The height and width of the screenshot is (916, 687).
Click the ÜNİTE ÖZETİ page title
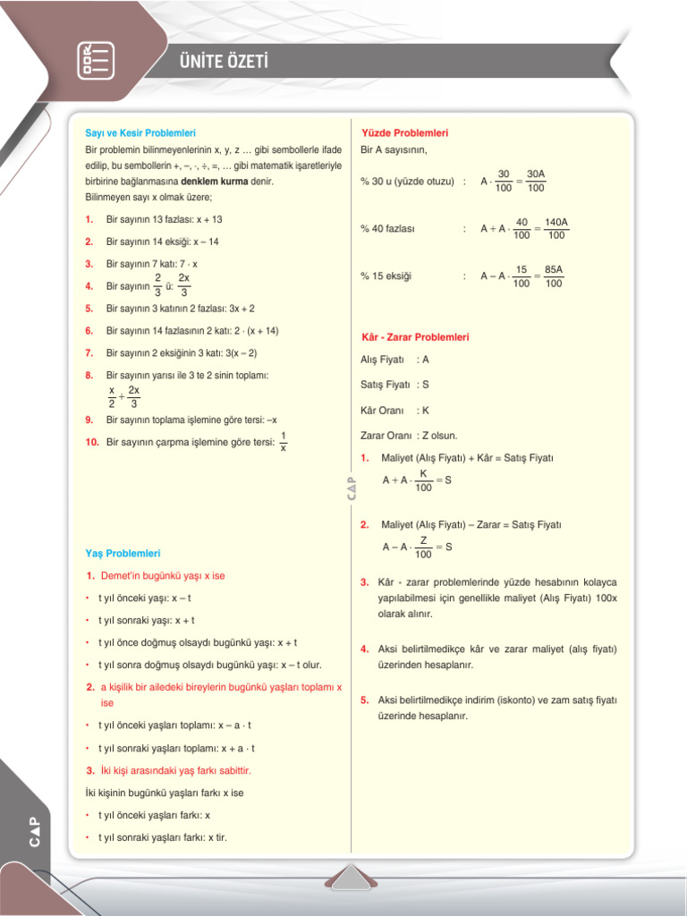(x=224, y=62)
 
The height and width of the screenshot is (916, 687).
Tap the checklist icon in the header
(x=95, y=59)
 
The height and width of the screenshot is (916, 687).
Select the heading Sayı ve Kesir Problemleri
(x=140, y=133)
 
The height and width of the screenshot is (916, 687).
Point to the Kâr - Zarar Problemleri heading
(x=414, y=337)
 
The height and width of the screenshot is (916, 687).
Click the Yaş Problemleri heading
(x=123, y=554)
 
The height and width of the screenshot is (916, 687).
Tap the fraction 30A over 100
(x=536, y=181)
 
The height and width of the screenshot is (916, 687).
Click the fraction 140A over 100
(x=556, y=228)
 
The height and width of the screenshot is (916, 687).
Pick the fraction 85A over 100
(x=554, y=276)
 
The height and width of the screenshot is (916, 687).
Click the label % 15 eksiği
(x=386, y=276)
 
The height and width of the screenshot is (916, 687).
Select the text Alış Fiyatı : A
(x=394, y=360)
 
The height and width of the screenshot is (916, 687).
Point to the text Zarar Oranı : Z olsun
(x=409, y=436)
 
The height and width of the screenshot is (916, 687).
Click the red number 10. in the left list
(x=92, y=442)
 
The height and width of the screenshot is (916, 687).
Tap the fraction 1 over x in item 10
(x=283, y=442)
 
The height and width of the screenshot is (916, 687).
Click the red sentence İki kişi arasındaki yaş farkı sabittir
(x=175, y=770)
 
